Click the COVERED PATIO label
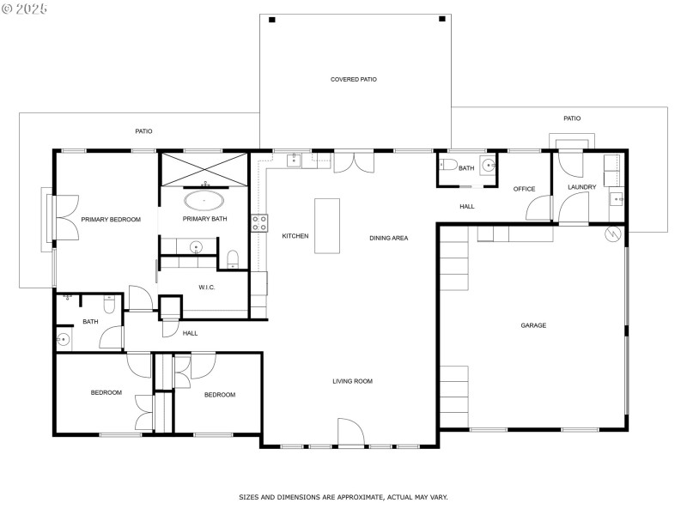353,80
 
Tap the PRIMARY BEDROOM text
111,220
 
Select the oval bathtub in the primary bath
204,202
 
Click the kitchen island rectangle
327,226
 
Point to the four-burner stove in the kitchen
258,223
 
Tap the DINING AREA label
388,238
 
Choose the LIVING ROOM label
352,381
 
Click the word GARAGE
533,325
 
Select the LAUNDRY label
581,187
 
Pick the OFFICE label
524,189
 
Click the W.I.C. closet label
206,288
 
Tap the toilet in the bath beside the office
447,166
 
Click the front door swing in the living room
351,432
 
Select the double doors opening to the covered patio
349,162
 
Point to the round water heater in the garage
613,234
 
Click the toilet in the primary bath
232,258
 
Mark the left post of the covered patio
272,20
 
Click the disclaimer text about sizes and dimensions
343,497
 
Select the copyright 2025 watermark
25,8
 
